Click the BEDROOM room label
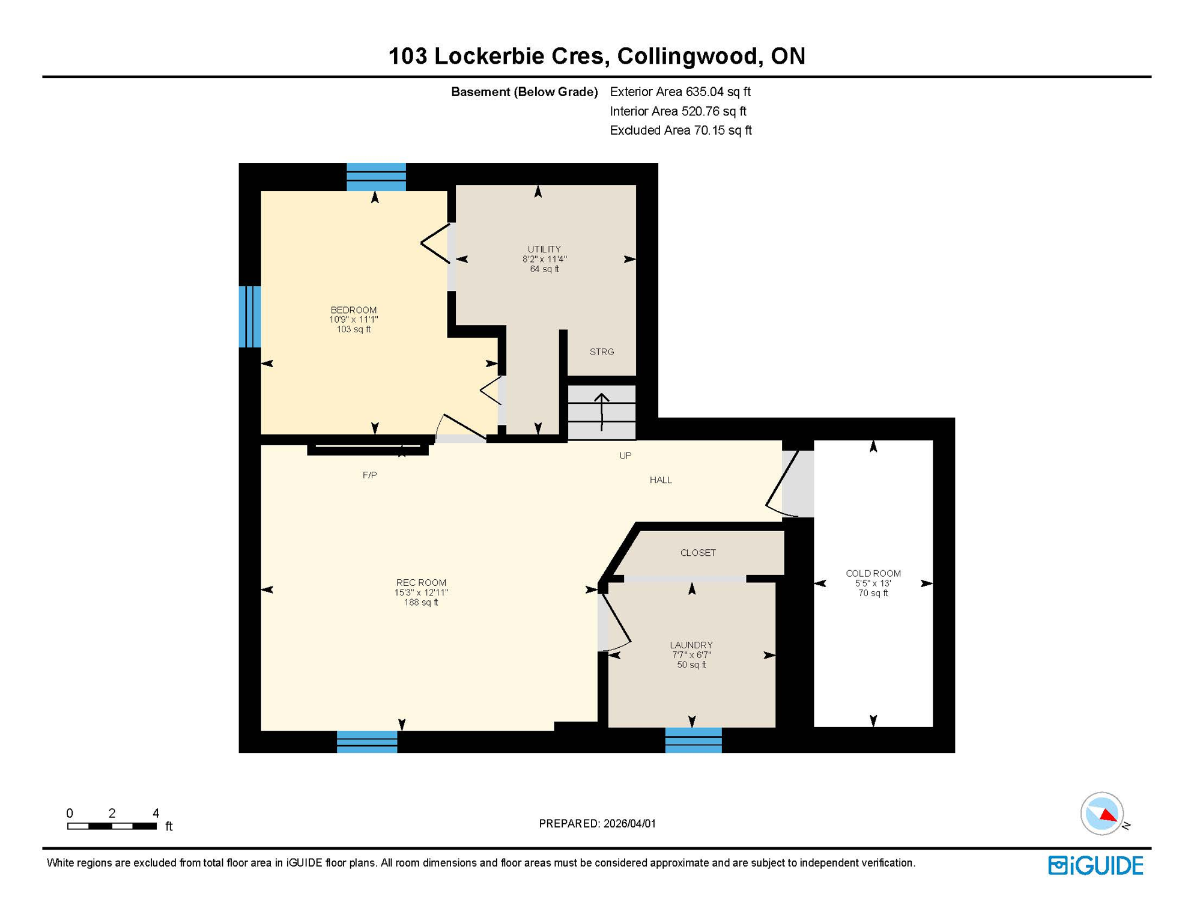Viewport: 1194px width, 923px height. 353,310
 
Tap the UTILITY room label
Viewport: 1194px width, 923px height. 544,249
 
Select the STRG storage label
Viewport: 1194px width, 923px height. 602,352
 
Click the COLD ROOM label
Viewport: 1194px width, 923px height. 873,574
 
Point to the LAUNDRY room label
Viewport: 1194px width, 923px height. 691,645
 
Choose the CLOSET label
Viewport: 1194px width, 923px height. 698,553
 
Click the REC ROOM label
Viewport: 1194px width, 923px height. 421,583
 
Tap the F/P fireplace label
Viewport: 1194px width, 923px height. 369,475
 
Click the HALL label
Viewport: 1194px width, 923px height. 661,480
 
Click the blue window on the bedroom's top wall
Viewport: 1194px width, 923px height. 376,177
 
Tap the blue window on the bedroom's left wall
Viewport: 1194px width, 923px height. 250,317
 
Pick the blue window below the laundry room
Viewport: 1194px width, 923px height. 693,740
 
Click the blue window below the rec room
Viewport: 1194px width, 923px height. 367,742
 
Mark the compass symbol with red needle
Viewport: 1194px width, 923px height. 1102,814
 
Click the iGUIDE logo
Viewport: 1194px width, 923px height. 1096,866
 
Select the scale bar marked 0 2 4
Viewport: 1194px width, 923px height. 112,826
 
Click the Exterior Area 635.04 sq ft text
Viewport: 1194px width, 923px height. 680,92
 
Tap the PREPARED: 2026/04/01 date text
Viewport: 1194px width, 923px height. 597,824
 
